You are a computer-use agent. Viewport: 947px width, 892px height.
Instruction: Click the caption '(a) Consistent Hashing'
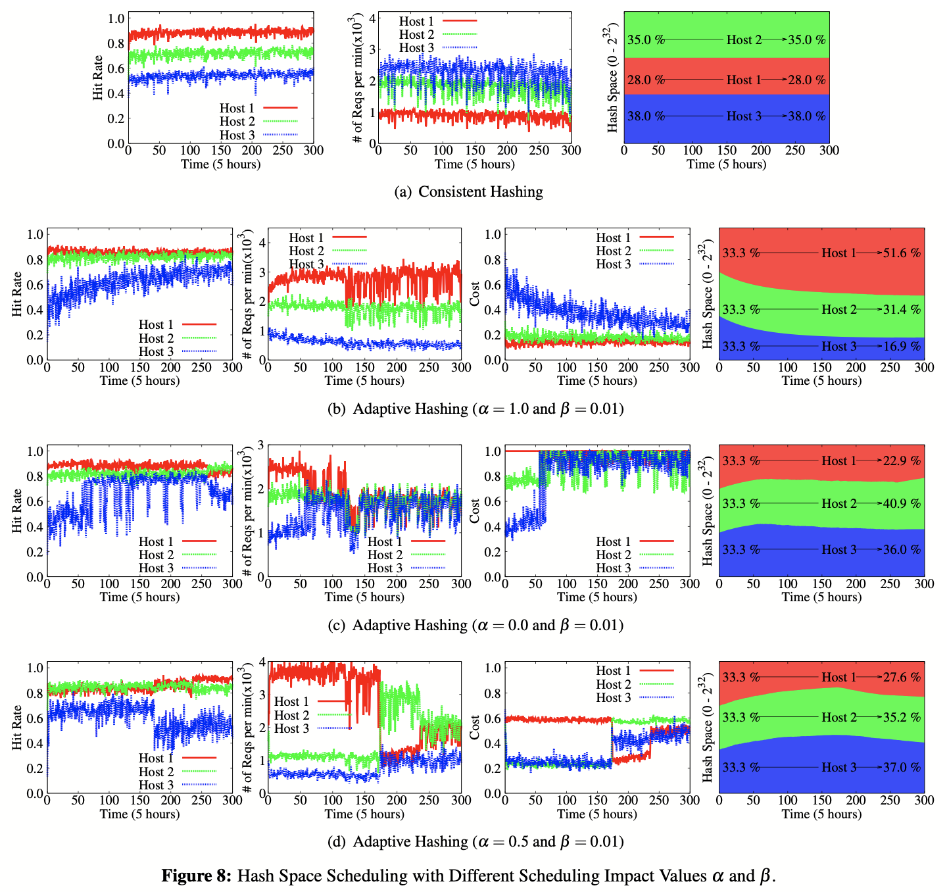pyautogui.click(x=468, y=192)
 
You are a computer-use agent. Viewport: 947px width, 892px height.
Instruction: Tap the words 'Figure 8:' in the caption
pyautogui.click(x=197, y=876)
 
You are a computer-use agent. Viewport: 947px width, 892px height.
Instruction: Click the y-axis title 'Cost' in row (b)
pyautogui.click(x=475, y=294)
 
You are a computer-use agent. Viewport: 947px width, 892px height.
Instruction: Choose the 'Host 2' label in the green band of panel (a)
pyautogui.click(x=744, y=40)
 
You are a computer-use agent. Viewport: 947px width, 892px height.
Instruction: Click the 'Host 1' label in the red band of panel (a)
pyautogui.click(x=744, y=80)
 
